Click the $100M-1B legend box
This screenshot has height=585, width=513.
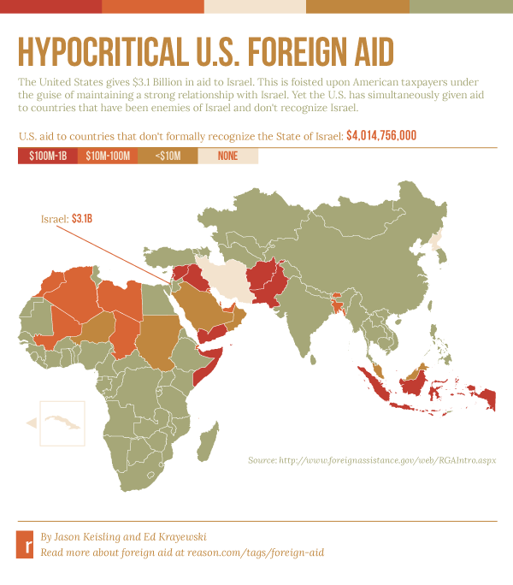click(47, 157)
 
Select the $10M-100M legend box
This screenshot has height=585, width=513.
click(107, 157)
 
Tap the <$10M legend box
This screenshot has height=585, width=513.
click(168, 157)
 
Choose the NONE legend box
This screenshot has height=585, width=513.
click(227, 157)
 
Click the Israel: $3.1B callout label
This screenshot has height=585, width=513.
click(67, 220)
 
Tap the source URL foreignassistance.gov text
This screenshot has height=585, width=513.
click(372, 460)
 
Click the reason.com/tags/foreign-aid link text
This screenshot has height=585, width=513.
click(182, 552)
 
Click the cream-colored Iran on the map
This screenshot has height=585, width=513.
click(219, 278)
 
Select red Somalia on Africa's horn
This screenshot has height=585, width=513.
click(203, 370)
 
